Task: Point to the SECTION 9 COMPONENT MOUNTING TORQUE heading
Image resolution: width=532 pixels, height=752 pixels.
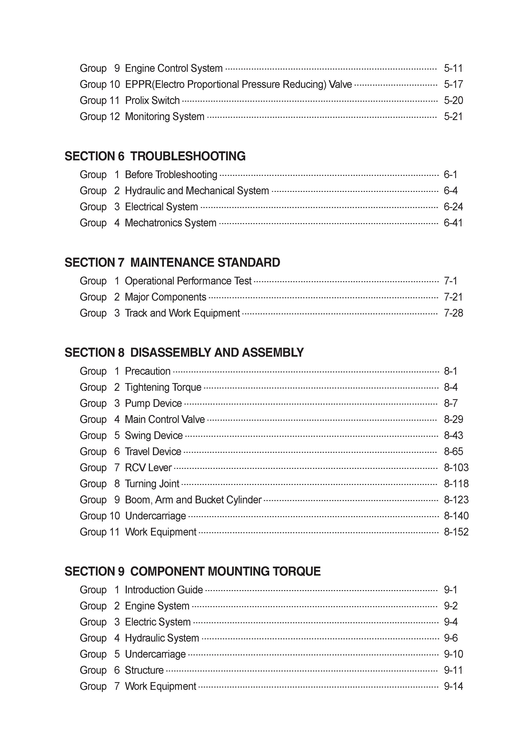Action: (192, 572)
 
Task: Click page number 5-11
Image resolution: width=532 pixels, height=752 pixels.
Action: (453, 68)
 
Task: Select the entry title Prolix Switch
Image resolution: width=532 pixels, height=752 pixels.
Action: (153, 101)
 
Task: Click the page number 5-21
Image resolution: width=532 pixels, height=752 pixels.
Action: (453, 117)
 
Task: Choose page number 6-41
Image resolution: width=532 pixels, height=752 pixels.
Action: (453, 223)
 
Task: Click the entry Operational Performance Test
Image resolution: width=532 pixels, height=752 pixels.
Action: (188, 281)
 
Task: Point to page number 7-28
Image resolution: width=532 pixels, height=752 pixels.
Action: (453, 313)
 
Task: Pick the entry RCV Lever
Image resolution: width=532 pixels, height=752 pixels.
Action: (148, 468)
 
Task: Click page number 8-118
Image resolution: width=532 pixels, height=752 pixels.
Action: (456, 484)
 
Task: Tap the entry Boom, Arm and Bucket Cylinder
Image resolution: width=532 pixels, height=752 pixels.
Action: (193, 500)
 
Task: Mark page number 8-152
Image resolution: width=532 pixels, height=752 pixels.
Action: (456, 532)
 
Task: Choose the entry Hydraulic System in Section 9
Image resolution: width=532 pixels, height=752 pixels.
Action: (162, 638)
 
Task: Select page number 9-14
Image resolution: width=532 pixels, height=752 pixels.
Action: (453, 686)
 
